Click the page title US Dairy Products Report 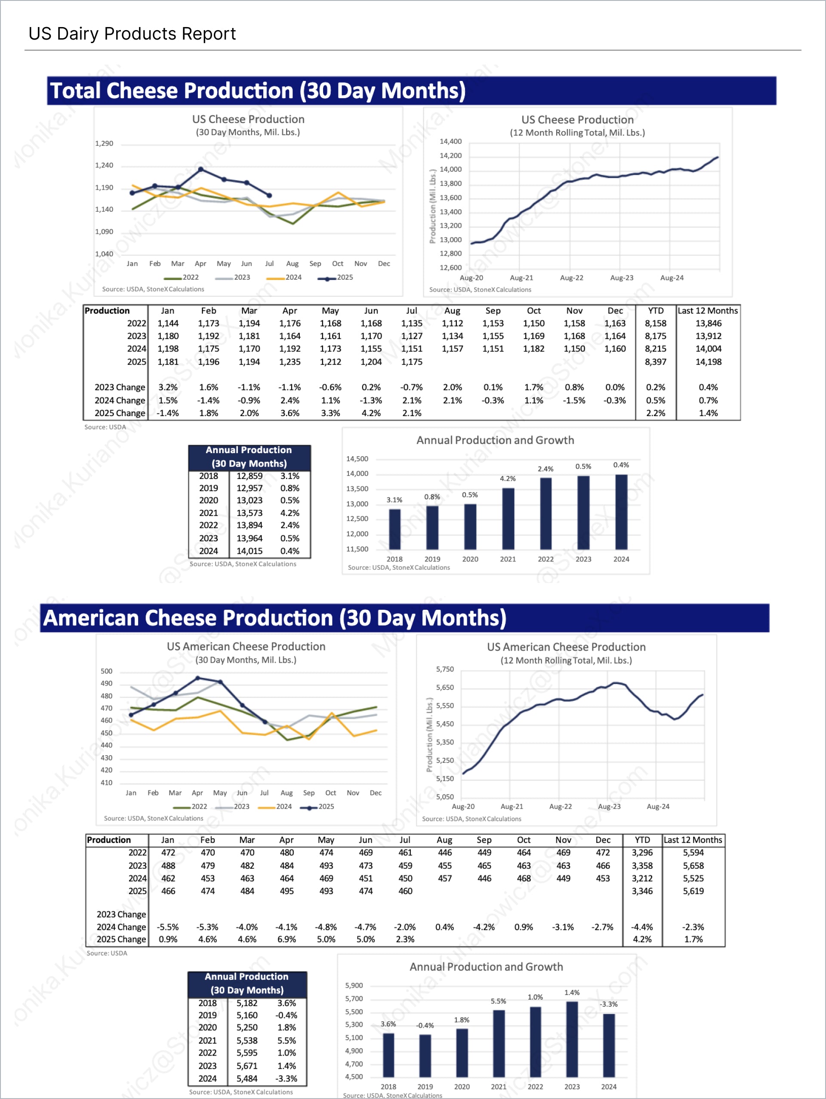(x=132, y=34)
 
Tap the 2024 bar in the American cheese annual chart (x=608, y=1045)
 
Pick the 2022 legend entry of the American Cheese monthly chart (x=190, y=807)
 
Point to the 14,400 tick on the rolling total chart (x=450, y=142)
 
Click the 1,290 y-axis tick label (x=104, y=144)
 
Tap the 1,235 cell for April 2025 (x=290, y=362)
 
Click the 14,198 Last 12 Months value (x=708, y=362)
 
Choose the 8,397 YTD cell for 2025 (x=656, y=362)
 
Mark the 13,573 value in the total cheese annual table (x=250, y=513)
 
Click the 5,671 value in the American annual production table (x=247, y=1066)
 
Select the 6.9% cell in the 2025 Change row (x=287, y=939)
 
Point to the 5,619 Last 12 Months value (x=693, y=891)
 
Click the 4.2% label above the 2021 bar (x=508, y=479)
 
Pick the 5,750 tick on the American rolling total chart (x=445, y=670)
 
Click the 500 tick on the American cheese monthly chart (x=107, y=672)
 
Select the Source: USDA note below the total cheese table (x=105, y=427)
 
